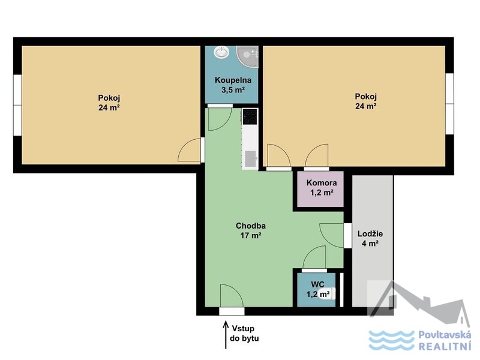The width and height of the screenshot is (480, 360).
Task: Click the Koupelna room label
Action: click(x=233, y=80)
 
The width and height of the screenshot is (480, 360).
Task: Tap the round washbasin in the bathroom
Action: click(x=221, y=52)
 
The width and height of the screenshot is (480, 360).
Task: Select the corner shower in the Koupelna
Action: click(x=247, y=56)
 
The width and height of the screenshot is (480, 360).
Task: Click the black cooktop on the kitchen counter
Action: click(x=250, y=116)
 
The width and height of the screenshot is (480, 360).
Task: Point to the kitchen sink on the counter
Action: click(x=251, y=159)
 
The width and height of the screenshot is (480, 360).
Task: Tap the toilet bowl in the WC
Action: click(x=326, y=294)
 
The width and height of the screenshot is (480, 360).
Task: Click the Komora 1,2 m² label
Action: click(x=322, y=188)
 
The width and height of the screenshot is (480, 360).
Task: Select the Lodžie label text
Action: click(x=370, y=234)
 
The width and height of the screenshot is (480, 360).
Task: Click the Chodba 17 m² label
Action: click(x=251, y=230)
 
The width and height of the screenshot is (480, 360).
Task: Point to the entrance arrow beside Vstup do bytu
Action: click(x=226, y=335)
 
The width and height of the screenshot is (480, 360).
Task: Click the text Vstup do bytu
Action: click(x=244, y=334)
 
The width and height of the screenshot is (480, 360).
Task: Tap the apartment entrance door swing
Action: click(x=232, y=296)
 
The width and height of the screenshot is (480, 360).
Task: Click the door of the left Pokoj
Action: click(x=190, y=150)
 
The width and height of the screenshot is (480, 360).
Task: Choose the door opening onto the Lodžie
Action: click(x=332, y=235)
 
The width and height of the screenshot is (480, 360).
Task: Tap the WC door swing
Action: click(x=314, y=257)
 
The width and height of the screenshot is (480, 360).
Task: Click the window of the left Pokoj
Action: click(x=17, y=104)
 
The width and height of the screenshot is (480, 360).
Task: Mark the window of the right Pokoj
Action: click(x=449, y=104)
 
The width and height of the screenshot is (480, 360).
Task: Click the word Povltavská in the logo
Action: click(x=445, y=335)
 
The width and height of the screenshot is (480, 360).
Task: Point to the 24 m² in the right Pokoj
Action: click(x=366, y=106)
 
